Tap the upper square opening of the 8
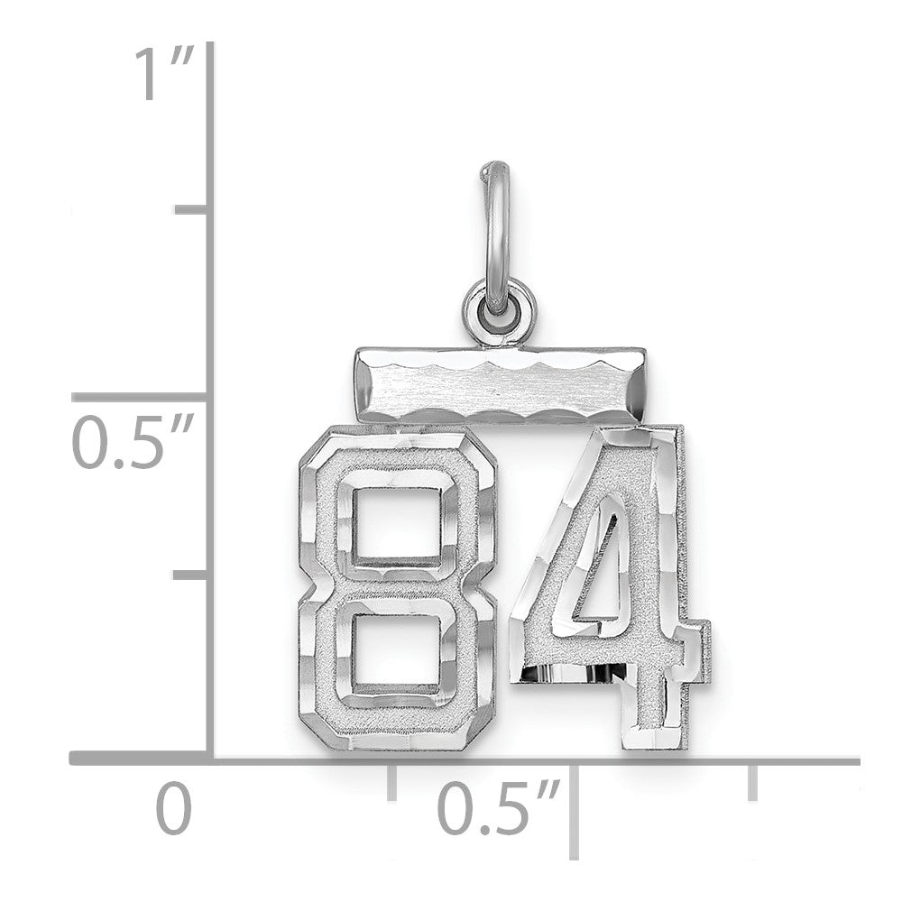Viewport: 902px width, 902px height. pos(396,524)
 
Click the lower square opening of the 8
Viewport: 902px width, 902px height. pos(396,649)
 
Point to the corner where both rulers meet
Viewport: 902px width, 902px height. pos(211,761)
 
